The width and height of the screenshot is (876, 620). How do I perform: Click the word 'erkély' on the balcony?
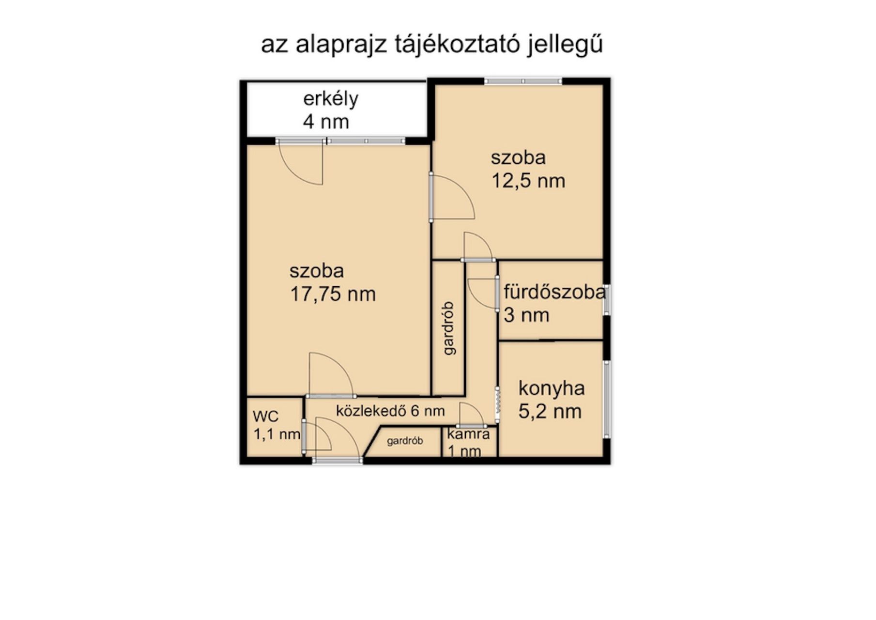click(x=331, y=99)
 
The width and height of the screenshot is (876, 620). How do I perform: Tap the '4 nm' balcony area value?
click(x=326, y=122)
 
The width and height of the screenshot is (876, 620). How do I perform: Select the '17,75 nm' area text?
click(x=333, y=294)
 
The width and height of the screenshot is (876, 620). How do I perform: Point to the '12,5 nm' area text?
click(x=528, y=181)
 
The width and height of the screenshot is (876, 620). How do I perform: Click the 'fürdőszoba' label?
click(x=555, y=293)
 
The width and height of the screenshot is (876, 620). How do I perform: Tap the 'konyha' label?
click(x=552, y=388)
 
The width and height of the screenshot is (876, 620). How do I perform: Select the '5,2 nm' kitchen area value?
click(x=550, y=412)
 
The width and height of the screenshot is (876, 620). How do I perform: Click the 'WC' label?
click(x=266, y=417)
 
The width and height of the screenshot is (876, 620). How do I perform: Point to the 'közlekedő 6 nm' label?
click(x=390, y=411)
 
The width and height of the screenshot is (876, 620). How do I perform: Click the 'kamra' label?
click(x=468, y=434)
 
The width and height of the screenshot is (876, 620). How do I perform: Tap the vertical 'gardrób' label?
click(x=450, y=328)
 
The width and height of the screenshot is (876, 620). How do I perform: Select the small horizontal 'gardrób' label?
click(x=405, y=441)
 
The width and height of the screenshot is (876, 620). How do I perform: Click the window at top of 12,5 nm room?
click(x=523, y=81)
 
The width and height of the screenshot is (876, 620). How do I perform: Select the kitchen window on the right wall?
click(x=606, y=399)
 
